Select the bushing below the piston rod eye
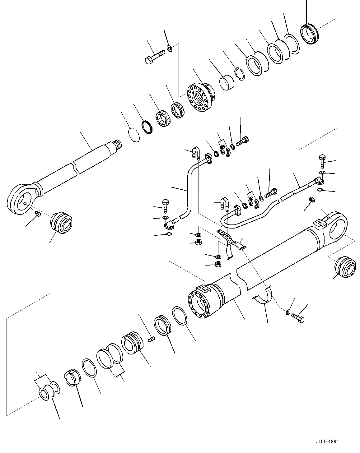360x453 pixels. coord(61,222)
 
